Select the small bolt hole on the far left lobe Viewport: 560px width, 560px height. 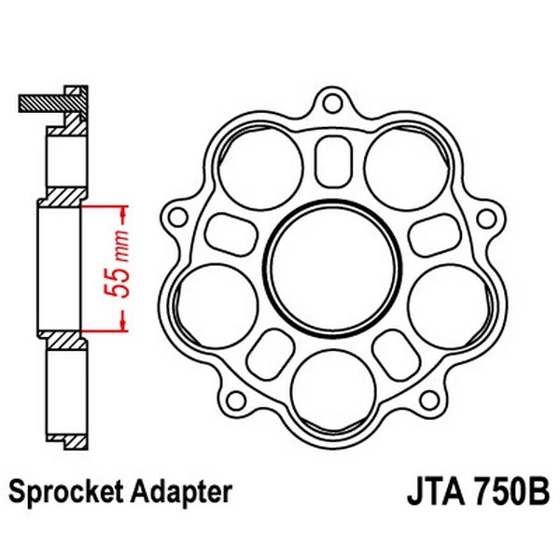[174, 217]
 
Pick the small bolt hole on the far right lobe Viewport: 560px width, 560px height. [483, 217]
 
